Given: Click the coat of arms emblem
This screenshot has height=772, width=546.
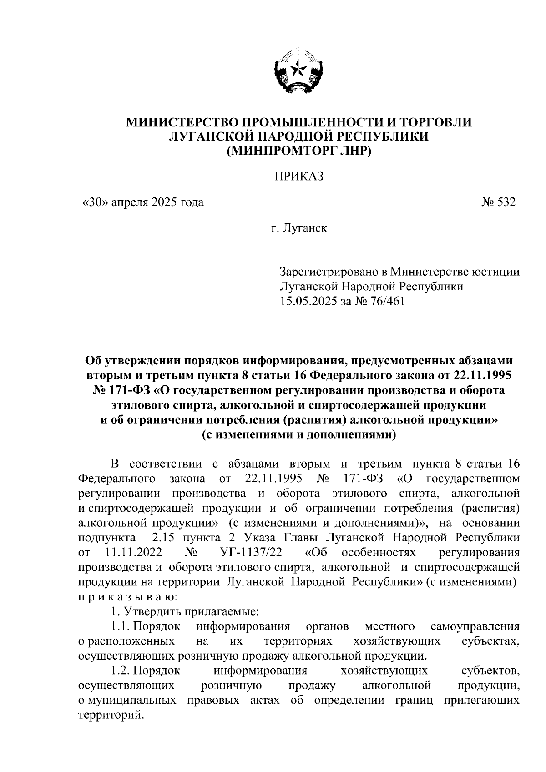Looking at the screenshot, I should pyautogui.click(x=298, y=72).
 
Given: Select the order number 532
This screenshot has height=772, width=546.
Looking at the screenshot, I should pyautogui.click(x=506, y=203).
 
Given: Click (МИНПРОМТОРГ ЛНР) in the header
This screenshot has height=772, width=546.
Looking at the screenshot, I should pyautogui.click(x=299, y=151).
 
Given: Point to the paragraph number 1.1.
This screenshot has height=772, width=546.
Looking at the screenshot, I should pyautogui.click(x=120, y=627).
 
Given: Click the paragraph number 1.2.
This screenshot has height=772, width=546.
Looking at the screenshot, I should pyautogui.click(x=120, y=671).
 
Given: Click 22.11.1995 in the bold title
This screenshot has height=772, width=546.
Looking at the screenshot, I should pyautogui.click(x=482, y=376).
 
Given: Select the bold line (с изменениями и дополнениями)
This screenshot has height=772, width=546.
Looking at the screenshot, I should pyautogui.click(x=299, y=434).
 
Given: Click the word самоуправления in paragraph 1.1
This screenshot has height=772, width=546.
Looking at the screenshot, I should pyautogui.click(x=475, y=627).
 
